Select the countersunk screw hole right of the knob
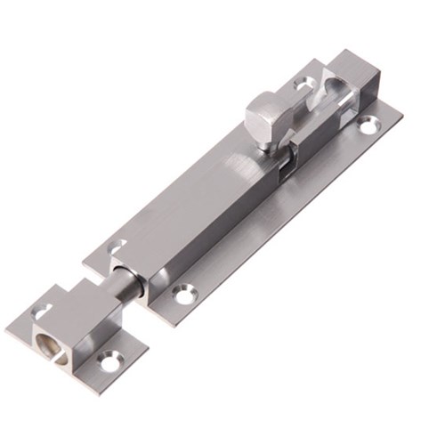click(368, 127)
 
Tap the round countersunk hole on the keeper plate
click(109, 360)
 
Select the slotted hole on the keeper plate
click(41, 311)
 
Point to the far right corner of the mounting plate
click(401, 113)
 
